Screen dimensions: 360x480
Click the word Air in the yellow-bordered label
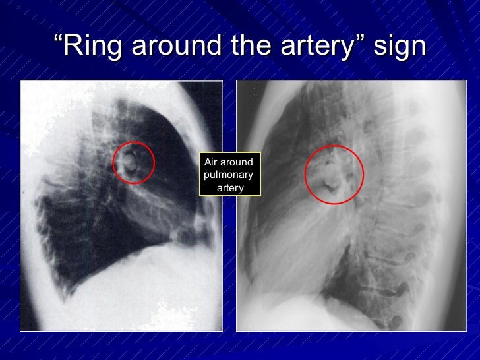pyautogui.click(x=211, y=162)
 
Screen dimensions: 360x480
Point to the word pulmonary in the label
pyautogui.click(x=228, y=175)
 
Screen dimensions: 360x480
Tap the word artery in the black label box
pyautogui.click(x=230, y=188)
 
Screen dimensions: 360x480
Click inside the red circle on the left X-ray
pyautogui.click(x=133, y=162)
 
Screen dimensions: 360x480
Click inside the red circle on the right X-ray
pyautogui.click(x=334, y=174)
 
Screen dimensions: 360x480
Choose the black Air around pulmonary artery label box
pyautogui.click(x=230, y=175)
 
